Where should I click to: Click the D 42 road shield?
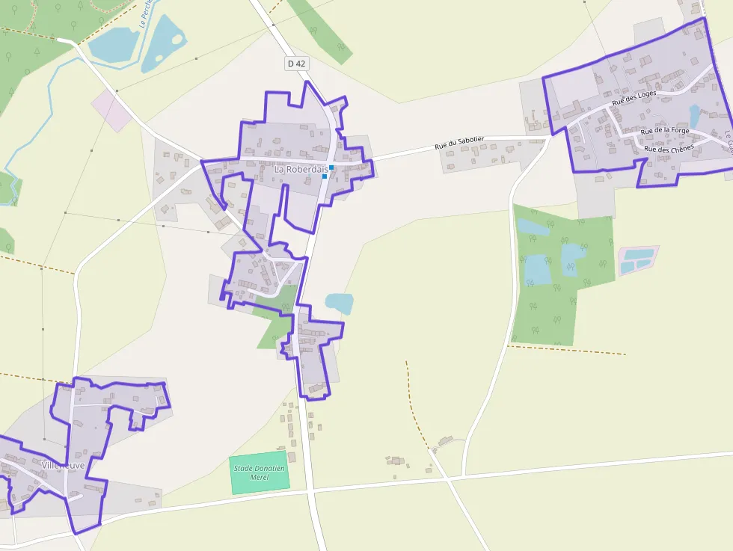click(x=296, y=64)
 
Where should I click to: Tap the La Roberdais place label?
click(x=301, y=170)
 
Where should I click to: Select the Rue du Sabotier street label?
click(x=460, y=142)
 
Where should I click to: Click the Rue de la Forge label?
click(x=665, y=131)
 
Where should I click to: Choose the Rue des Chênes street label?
click(x=668, y=148)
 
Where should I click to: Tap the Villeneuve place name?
click(x=64, y=465)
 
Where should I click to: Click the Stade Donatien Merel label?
click(x=260, y=472)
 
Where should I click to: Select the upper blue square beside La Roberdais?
click(x=331, y=167)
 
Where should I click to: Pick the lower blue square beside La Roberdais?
click(x=325, y=176)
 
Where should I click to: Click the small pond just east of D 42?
click(x=340, y=303)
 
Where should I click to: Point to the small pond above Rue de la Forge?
click(x=694, y=116)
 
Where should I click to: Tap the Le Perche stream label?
click(x=144, y=13)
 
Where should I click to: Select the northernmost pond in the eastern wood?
click(x=533, y=227)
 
